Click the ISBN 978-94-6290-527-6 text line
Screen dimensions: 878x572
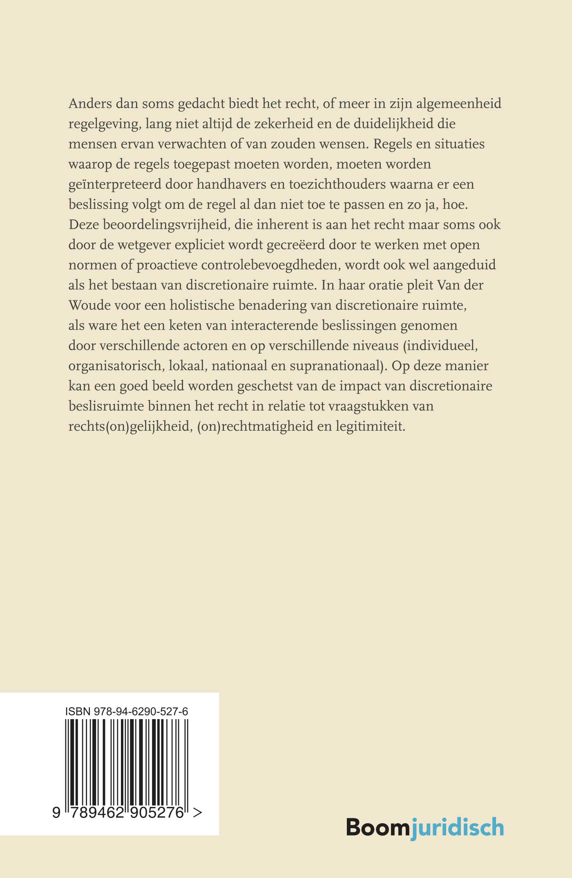click(127, 711)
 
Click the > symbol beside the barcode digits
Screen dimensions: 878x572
click(197, 813)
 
